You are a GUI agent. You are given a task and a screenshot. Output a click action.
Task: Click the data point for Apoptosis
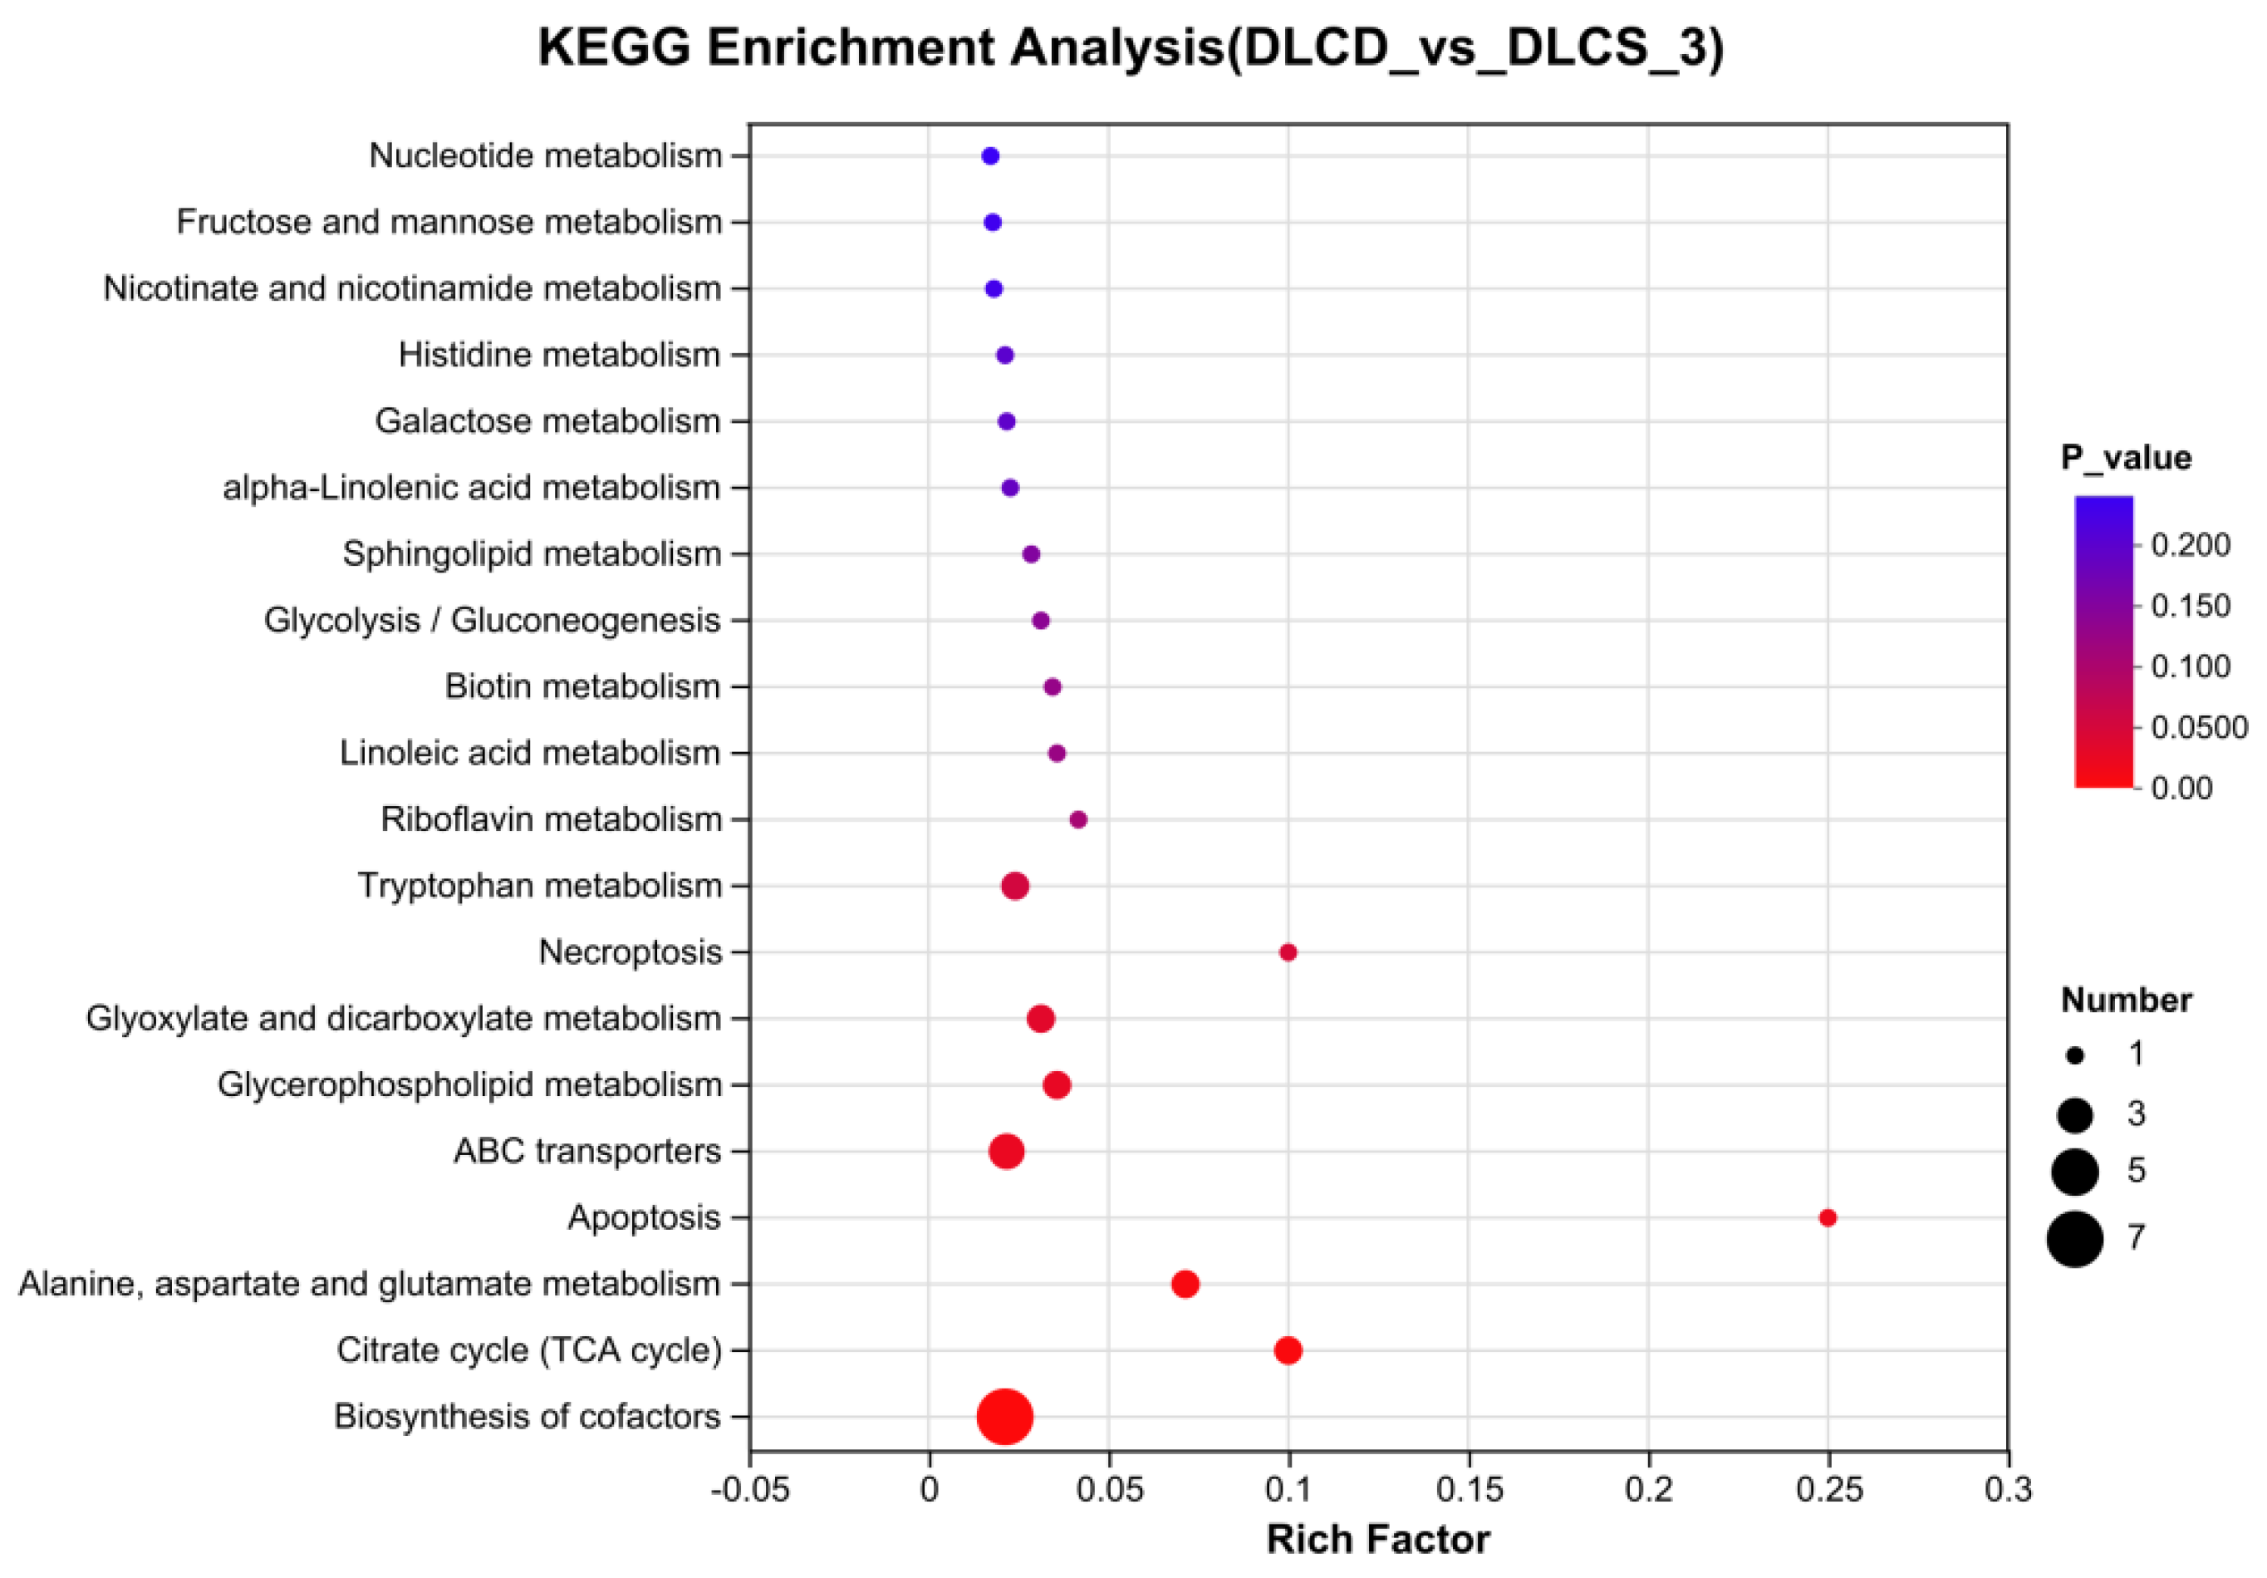pos(1827,1217)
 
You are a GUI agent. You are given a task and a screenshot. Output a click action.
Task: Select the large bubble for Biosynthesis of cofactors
pos(1004,1416)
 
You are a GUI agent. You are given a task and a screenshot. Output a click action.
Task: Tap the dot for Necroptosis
pos(1288,952)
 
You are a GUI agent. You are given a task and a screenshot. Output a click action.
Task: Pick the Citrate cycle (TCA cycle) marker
pos(1288,1349)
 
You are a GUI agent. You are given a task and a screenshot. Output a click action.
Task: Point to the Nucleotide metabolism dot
pos(990,156)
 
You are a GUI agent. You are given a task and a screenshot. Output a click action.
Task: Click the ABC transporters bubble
pos(1006,1150)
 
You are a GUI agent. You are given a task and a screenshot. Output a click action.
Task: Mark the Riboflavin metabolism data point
pos(1078,819)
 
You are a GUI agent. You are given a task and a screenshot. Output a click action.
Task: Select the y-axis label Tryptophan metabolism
pos(539,886)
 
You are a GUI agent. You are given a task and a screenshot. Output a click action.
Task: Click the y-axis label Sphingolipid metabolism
pos(531,554)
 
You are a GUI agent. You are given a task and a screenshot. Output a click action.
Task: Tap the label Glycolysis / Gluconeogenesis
pos(492,620)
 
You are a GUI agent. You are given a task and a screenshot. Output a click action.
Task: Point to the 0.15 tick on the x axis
pos(1468,1489)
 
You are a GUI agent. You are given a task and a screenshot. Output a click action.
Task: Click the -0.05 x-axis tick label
pos(749,1489)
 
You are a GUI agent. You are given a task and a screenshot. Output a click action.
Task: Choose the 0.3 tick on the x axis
pos(2009,1489)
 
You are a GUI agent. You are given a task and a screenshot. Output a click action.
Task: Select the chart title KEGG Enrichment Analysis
pos(1131,47)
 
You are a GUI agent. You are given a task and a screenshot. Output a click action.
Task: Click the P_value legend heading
pos(2126,457)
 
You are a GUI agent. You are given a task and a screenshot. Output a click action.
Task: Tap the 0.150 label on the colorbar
pos(2190,605)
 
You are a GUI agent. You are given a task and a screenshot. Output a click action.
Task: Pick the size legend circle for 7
pos(2074,1238)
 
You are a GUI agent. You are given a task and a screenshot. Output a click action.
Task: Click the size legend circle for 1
pos(2074,1055)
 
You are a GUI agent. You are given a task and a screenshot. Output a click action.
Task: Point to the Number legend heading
pos(2126,1000)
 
